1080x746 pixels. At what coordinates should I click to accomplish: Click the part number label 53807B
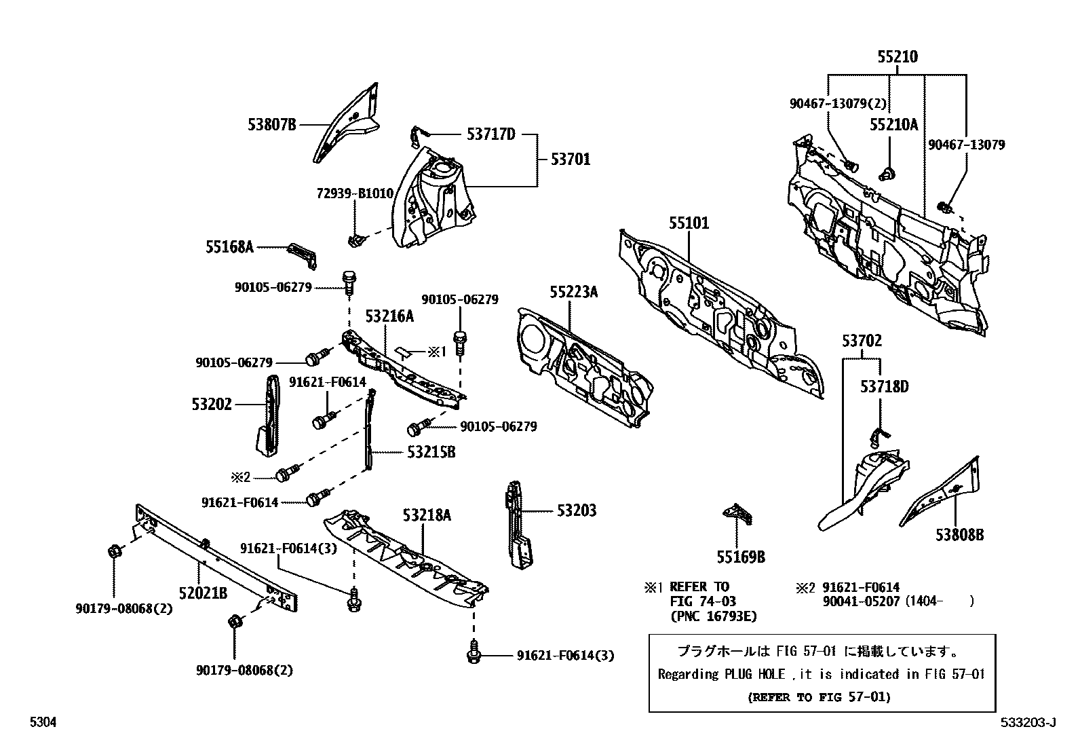(x=272, y=124)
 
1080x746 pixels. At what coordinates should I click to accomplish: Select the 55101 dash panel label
(x=689, y=223)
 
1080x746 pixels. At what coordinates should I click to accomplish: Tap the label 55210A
(x=893, y=124)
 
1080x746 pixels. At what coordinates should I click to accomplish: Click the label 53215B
(x=431, y=452)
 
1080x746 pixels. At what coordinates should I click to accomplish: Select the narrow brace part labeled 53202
(x=269, y=417)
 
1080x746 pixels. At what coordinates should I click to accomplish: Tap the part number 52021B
(x=203, y=593)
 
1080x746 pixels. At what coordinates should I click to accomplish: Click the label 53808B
(x=959, y=536)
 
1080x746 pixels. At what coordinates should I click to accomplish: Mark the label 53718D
(x=884, y=387)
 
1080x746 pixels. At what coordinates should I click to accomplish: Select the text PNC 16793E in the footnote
(x=713, y=616)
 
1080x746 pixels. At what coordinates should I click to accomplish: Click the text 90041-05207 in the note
(x=862, y=601)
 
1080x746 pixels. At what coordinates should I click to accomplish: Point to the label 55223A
(x=574, y=293)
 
